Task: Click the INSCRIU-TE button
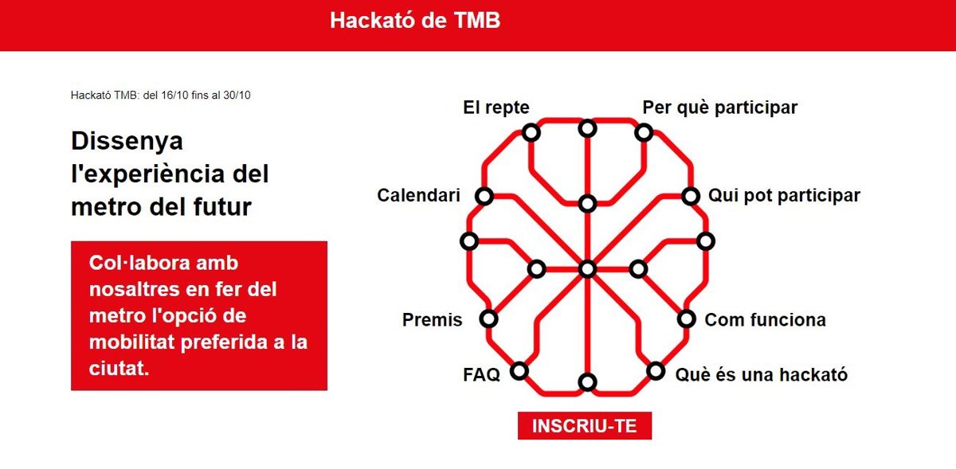pos(584,425)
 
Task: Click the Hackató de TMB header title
pos(415,21)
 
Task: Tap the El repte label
pos(496,107)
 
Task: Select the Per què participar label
pos(720,107)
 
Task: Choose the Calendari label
pos(418,195)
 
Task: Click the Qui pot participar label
pos(784,195)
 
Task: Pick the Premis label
pos(432,319)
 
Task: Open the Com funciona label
pos(766,319)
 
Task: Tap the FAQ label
pos(481,375)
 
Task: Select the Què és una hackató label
pos(762,375)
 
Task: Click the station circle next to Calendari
pos(484,197)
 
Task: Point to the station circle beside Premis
pos(488,319)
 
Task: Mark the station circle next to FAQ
pos(519,371)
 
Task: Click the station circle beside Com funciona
pos(687,319)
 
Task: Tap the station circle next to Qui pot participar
pos(691,197)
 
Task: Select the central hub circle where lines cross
pos(588,269)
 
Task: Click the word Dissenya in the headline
pos(127,142)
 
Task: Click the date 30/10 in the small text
pos(237,96)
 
